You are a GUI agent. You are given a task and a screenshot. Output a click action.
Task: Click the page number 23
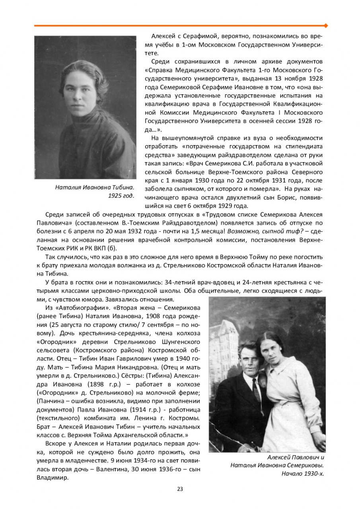tap(180, 489)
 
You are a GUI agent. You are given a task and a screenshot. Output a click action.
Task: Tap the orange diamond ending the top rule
tap(326, 25)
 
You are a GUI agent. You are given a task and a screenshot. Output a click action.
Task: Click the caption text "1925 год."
tap(121, 195)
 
